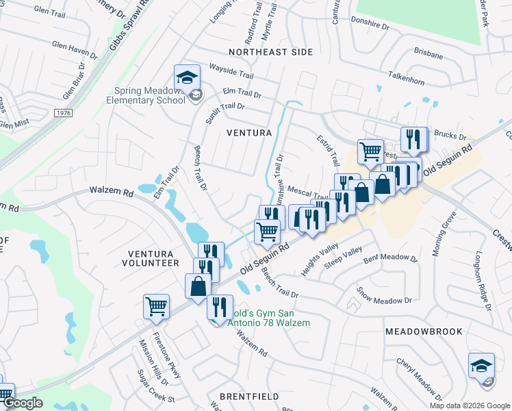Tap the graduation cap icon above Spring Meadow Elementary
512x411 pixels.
point(186,78)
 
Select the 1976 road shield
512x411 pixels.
point(63,112)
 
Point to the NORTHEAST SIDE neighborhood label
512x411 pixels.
point(270,52)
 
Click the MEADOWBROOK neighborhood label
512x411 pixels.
point(423,331)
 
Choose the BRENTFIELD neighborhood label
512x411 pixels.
point(248,397)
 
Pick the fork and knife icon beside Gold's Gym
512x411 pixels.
point(220,306)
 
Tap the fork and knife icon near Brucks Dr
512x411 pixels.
point(413,140)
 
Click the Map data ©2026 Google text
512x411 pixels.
point(469,406)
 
